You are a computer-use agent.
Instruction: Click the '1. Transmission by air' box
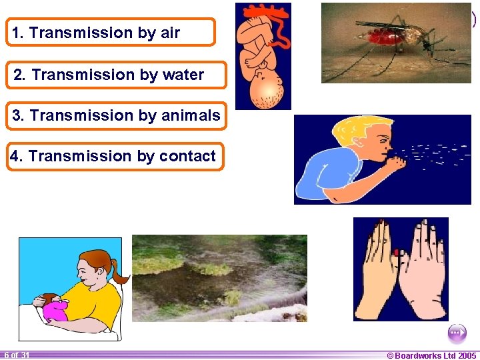click(x=111, y=32)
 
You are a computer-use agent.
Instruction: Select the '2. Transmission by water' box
click(x=117, y=75)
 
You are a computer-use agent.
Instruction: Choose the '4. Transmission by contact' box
click(x=115, y=156)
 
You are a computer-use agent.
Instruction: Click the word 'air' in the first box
click(x=169, y=33)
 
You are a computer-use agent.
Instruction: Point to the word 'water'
click(x=181, y=75)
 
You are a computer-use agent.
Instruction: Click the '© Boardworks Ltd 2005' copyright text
click(x=431, y=355)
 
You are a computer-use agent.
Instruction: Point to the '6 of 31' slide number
click(x=16, y=355)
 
